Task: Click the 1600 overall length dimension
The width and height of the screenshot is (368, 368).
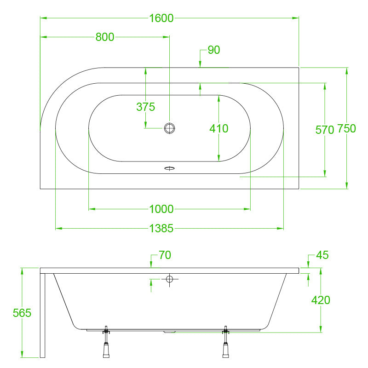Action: (161, 18)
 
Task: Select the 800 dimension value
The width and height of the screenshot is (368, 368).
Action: (105, 37)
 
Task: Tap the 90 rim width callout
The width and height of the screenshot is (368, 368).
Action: (214, 50)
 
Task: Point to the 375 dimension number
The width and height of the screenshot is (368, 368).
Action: (145, 107)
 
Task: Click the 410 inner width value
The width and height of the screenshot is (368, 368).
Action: (219, 129)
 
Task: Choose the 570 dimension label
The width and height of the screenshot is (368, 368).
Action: (325, 130)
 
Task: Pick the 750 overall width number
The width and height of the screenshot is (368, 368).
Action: (347, 129)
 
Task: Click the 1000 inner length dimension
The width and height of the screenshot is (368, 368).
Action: (161, 209)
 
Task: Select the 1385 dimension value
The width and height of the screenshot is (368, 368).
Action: (161, 228)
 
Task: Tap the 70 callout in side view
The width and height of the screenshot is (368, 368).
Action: (165, 255)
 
